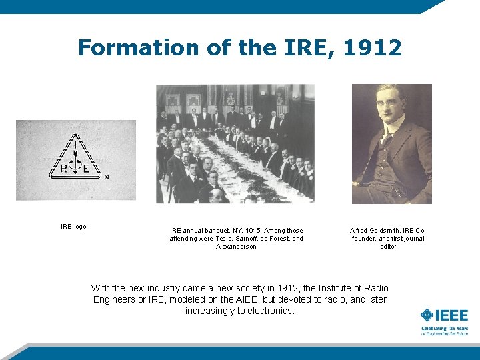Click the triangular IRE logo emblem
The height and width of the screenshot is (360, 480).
click(76, 159)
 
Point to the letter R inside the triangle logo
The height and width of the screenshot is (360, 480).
click(63, 169)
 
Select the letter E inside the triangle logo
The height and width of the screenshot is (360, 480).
click(87, 169)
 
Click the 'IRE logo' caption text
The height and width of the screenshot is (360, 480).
click(73, 227)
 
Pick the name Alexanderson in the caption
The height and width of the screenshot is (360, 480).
click(236, 247)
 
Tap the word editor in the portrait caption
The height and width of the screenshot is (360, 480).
click(388, 247)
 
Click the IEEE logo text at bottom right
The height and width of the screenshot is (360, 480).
click(451, 315)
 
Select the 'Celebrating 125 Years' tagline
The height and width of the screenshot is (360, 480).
click(444, 329)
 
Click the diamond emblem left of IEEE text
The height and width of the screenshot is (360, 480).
click(426, 315)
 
